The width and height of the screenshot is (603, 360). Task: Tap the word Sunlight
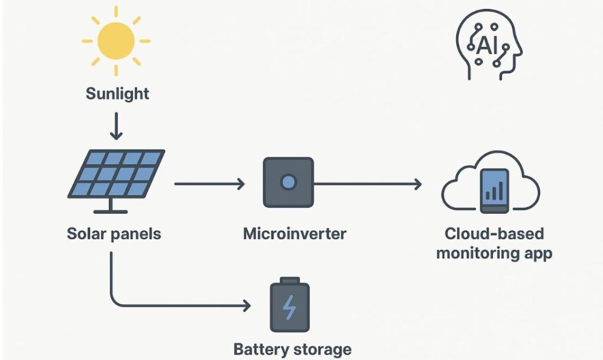click(x=117, y=93)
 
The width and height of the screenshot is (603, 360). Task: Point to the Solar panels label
click(x=114, y=233)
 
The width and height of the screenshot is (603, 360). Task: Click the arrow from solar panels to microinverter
click(x=209, y=184)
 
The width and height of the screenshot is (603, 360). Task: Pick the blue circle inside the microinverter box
click(x=288, y=182)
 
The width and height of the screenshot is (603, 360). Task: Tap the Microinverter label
click(x=294, y=233)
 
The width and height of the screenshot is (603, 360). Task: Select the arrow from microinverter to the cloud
click(x=367, y=184)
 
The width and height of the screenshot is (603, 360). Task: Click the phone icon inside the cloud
click(x=494, y=190)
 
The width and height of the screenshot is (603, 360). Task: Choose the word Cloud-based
click(x=494, y=233)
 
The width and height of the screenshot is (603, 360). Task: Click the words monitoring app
click(x=494, y=254)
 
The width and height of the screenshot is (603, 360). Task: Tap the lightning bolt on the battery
click(x=289, y=308)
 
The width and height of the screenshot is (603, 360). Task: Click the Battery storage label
click(x=292, y=349)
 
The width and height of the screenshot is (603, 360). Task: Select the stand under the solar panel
click(x=110, y=206)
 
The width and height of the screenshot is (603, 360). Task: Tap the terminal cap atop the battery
click(x=289, y=280)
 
